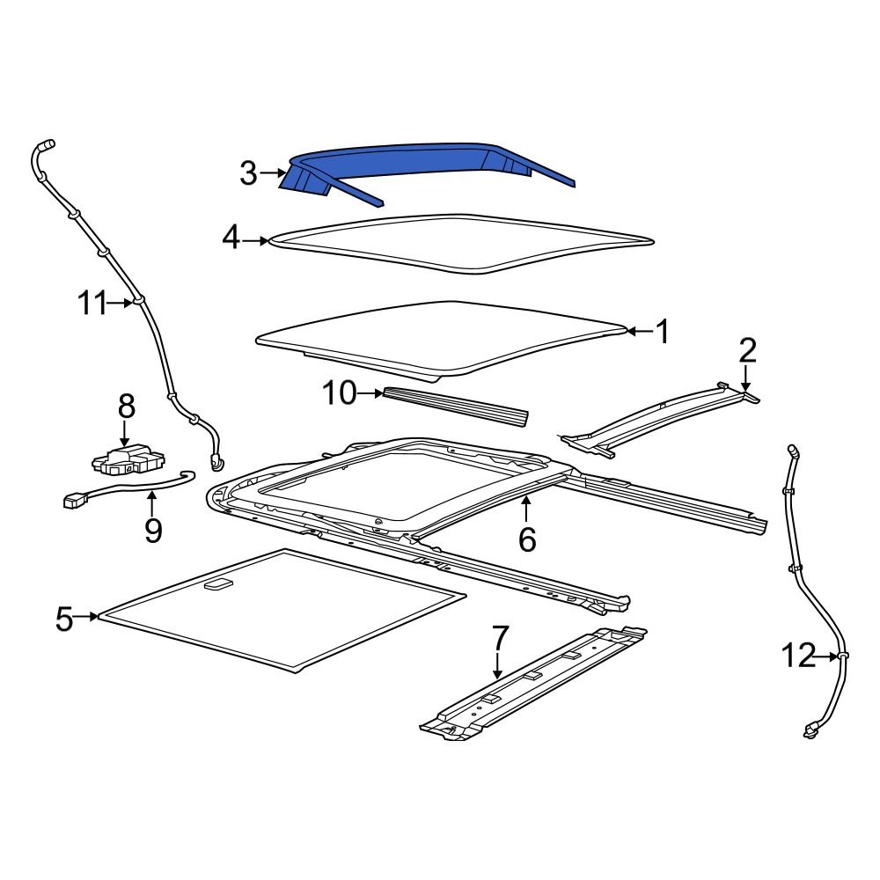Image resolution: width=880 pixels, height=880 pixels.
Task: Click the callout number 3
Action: tap(249, 174)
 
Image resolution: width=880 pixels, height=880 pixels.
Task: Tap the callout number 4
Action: tap(231, 238)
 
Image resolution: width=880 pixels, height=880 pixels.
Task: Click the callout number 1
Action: tap(662, 332)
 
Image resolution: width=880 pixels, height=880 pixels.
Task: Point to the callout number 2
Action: tap(747, 351)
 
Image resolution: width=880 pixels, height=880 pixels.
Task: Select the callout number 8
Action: tap(127, 407)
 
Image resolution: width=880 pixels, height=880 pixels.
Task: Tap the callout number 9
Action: tap(153, 531)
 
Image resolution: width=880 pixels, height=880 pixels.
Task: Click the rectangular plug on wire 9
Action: tap(73, 502)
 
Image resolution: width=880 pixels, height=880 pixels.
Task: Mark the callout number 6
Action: tap(526, 539)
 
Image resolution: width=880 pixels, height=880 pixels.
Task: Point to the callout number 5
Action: tap(64, 619)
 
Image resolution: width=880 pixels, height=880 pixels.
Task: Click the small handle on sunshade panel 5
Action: tap(217, 583)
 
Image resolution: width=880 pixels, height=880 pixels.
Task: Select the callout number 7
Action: tap(499, 635)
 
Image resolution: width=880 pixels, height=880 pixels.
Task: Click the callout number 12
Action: tap(798, 656)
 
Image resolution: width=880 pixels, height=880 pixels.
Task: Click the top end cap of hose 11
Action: tap(45, 143)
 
